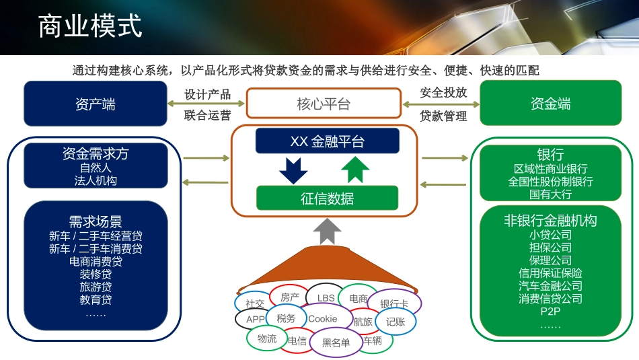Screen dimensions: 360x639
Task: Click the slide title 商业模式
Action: [90, 27]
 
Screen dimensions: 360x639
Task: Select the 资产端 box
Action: [96, 104]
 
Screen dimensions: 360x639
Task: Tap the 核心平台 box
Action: [324, 104]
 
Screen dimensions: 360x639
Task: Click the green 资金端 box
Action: [550, 104]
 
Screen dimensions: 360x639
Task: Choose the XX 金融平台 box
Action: [327, 141]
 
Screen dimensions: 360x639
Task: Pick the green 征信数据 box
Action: [327, 199]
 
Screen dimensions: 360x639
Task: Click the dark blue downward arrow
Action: [293, 170]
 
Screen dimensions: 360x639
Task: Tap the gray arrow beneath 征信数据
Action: [327, 231]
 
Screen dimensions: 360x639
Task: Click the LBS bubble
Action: [326, 297]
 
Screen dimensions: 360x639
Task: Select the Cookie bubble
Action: [323, 319]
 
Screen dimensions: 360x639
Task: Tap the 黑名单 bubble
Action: [336, 342]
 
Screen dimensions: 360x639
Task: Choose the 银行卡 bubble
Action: [395, 303]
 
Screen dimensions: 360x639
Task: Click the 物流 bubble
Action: [267, 338]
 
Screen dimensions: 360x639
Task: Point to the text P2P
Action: [550, 312]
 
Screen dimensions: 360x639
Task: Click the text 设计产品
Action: [207, 94]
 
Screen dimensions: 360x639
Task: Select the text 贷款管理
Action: [443, 116]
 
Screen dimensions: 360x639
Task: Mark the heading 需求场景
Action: [96, 222]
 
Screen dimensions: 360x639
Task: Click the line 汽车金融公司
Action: [550, 286]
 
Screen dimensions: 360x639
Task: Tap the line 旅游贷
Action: [96, 287]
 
